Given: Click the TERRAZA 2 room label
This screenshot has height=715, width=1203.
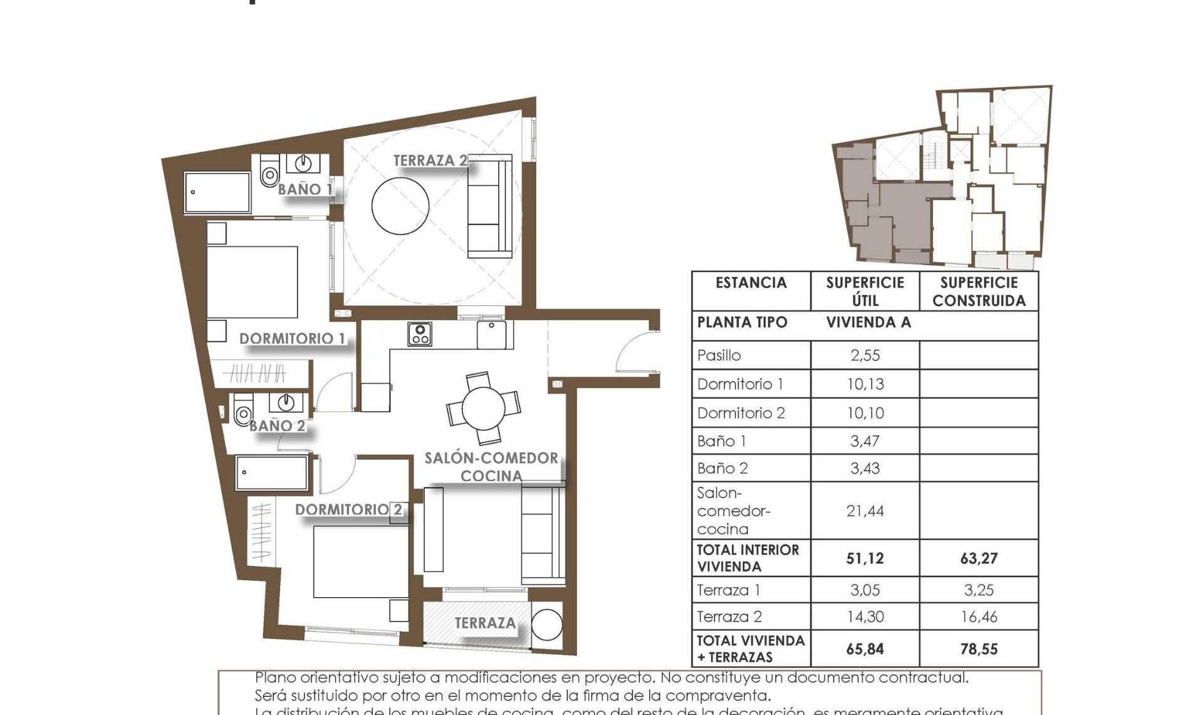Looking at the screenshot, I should pyautogui.click(x=430, y=161).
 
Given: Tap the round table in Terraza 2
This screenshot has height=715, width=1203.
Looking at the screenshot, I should pyautogui.click(x=400, y=206).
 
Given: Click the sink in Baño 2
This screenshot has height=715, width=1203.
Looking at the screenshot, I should pyautogui.click(x=286, y=401).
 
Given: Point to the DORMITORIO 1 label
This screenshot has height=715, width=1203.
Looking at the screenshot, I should pyautogui.click(x=292, y=339).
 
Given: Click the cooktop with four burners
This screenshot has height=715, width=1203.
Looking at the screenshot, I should pyautogui.click(x=420, y=334).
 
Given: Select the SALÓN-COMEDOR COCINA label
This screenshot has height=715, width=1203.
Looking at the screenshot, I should pyautogui.click(x=491, y=467).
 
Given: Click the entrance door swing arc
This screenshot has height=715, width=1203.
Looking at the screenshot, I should pyautogui.click(x=634, y=351).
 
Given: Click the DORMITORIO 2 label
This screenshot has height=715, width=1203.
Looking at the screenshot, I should pyautogui.click(x=348, y=509).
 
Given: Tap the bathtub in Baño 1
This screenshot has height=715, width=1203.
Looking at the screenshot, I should pyautogui.click(x=217, y=193).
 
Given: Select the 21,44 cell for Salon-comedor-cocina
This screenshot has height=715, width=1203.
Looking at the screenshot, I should pyautogui.click(x=865, y=511).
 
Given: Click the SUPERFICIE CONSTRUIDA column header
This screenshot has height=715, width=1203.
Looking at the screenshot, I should pyautogui.click(x=979, y=292).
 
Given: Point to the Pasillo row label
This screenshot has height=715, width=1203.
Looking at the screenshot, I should pyautogui.click(x=719, y=356).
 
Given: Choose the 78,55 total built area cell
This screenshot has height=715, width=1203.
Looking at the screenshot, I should pyautogui.click(x=979, y=649).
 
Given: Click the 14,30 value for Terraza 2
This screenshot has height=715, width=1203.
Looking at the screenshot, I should pyautogui.click(x=865, y=617).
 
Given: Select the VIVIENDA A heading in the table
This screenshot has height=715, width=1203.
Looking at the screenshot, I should pyautogui.click(x=868, y=322).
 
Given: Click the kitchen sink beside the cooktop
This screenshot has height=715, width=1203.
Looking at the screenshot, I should pyautogui.click(x=492, y=334).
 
